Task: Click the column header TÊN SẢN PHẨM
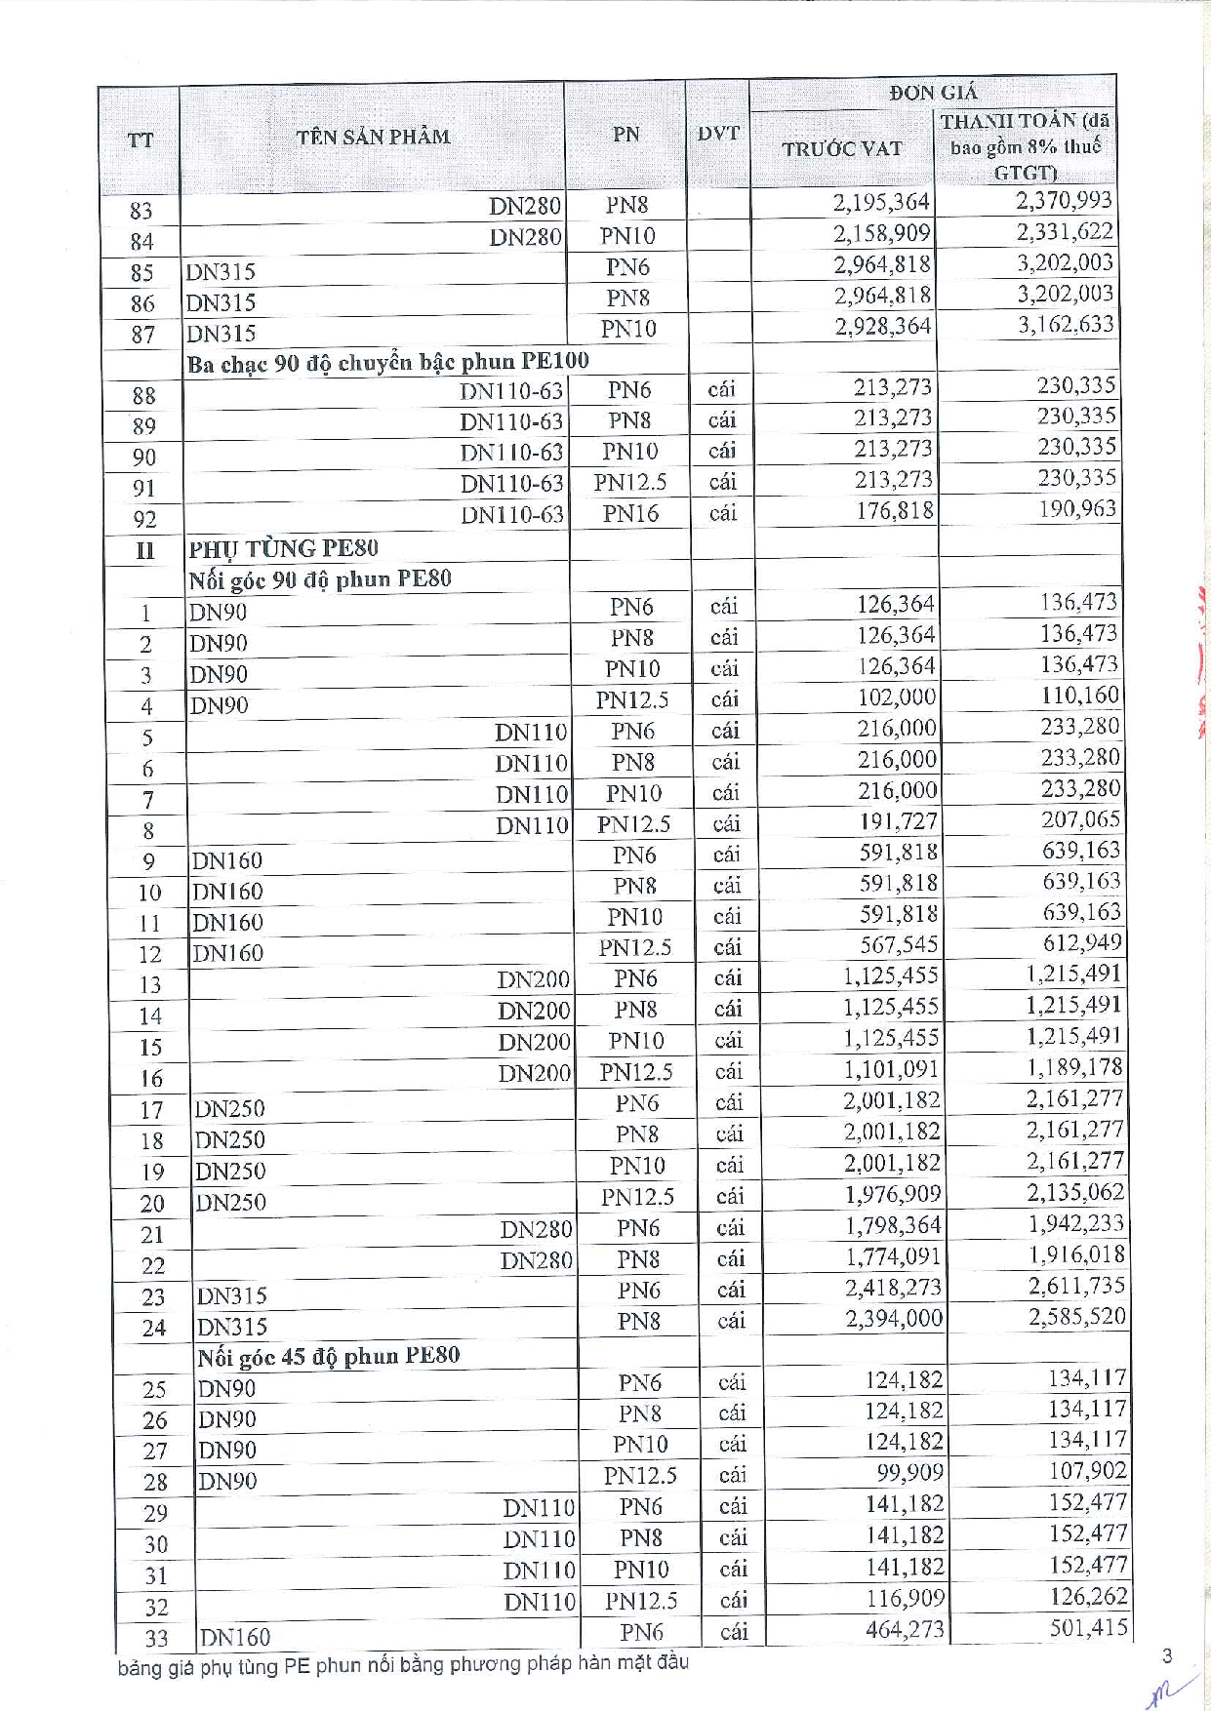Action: [x=373, y=137]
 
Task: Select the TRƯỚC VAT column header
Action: [x=841, y=149]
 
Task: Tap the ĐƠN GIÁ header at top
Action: [x=932, y=93]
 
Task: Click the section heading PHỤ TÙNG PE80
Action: [x=283, y=548]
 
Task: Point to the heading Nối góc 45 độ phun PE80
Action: [x=328, y=1356]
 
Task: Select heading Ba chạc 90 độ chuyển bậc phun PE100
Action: [x=387, y=362]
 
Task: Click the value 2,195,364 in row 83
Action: [x=881, y=202]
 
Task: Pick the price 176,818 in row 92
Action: [x=894, y=510]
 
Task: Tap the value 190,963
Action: [x=1076, y=508]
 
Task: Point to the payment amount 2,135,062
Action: [x=1074, y=1192]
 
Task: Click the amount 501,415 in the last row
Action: [x=1088, y=1627]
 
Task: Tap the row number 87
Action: [x=142, y=335]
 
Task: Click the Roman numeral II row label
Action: [x=144, y=550]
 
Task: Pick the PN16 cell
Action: [x=629, y=513]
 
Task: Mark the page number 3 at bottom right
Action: [x=1167, y=1655]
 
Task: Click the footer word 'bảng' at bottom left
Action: [x=140, y=1668]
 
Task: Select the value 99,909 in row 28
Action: [x=908, y=1472]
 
